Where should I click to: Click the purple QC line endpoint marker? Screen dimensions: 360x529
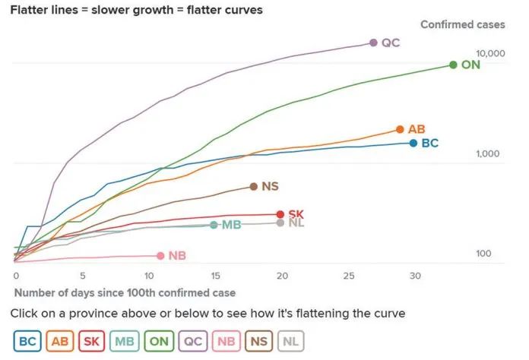click(373, 43)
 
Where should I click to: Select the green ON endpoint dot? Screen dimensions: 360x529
click(453, 65)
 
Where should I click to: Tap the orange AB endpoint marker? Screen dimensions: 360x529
click(400, 129)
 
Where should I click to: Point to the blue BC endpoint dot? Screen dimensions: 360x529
click(413, 143)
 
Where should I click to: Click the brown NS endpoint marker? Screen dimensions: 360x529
click(253, 186)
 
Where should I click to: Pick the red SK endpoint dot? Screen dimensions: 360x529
click(280, 214)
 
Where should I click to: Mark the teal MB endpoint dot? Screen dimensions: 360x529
click(214, 225)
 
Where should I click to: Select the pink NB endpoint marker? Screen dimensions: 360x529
click(160, 256)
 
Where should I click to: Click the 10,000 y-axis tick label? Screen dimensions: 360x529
click(490, 53)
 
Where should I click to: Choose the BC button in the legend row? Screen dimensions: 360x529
click(27, 342)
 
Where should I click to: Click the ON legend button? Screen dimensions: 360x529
click(159, 342)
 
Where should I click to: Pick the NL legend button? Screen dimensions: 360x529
click(290, 342)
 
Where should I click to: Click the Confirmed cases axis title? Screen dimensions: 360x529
click(462, 24)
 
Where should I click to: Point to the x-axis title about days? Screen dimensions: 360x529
click(125, 292)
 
